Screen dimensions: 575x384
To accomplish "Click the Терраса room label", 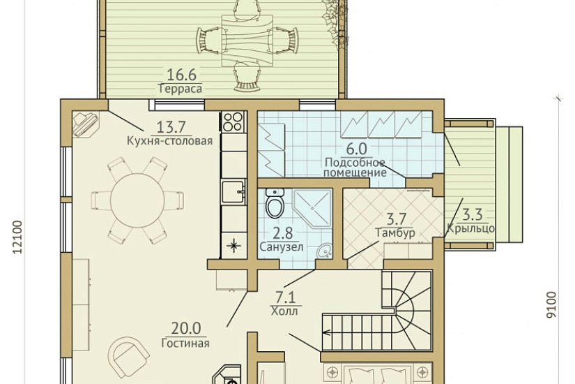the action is pos(181,89).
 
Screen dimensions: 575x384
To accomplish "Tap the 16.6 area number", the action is pos(181,75).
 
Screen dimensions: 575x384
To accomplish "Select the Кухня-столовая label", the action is pos(170,141).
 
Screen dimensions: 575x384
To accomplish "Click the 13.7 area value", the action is pos(171,127).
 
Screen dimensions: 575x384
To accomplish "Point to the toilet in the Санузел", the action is pos(275,203).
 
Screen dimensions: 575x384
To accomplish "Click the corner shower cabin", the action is pos(312,207).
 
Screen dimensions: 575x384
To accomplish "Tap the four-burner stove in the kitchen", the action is pos(233,121).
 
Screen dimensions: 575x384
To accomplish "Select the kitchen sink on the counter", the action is pos(233,191).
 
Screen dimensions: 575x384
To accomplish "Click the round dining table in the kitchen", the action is pos(137,200).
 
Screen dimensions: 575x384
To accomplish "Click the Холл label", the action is pos(284,311).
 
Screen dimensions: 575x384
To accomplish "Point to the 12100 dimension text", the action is pos(17,237).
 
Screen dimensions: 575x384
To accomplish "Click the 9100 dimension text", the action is pos(551,305).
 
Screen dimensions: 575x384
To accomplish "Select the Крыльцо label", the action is pos(470,228).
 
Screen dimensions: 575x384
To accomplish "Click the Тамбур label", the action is pos(395,233).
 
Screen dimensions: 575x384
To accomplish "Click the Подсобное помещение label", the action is pos(355,167).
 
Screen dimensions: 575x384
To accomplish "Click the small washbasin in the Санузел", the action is pos(325,251).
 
